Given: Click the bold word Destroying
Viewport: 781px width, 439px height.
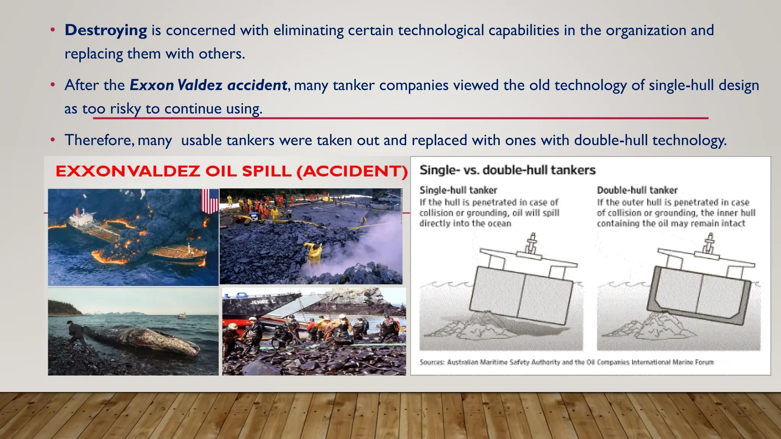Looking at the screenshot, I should tap(106, 30).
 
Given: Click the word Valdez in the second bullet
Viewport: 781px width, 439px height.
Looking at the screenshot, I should tap(200, 85).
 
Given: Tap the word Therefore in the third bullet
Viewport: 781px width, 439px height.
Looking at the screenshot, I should tap(99, 140).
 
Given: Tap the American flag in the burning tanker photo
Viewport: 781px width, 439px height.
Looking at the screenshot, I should tap(210, 201).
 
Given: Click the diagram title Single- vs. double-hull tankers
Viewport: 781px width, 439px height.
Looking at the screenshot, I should tap(507, 170).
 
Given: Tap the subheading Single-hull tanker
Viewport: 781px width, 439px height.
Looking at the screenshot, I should tap(458, 190).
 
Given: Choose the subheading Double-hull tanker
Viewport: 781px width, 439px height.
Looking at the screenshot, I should tap(637, 190).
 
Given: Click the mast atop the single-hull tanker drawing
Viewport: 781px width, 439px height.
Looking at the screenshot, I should tap(532, 243).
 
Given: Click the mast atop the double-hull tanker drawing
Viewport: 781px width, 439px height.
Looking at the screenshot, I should tap(709, 243).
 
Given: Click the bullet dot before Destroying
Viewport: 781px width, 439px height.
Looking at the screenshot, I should tap(53, 30).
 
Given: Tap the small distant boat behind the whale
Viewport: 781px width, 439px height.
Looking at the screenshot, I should tap(182, 316).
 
